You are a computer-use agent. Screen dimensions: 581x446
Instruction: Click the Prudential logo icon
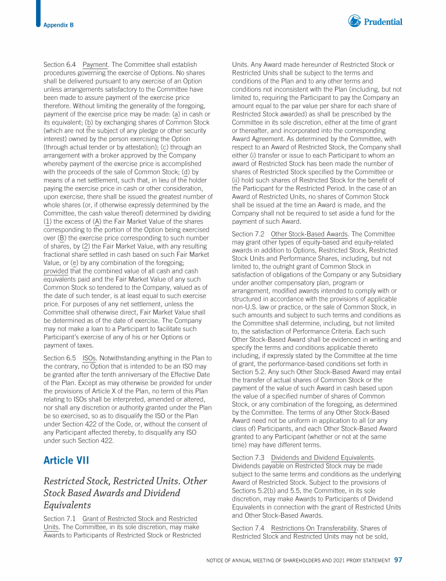pyautogui.click(x=355, y=21)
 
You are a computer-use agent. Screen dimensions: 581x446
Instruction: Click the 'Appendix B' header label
pyautogui.click(x=58, y=25)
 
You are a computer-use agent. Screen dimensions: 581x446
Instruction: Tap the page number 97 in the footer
pyautogui.click(x=398, y=560)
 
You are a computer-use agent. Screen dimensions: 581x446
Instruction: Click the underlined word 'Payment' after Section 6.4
pyautogui.click(x=96, y=64)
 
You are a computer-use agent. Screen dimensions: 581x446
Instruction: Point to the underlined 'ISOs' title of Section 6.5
pyautogui.click(x=89, y=358)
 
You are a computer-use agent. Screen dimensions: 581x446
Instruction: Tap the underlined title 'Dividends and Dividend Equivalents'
pyautogui.click(x=323, y=458)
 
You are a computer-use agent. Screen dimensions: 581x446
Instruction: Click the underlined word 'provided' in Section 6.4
pyautogui.click(x=56, y=271)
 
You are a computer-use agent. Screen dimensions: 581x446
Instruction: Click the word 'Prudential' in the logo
pyautogui.click(x=383, y=22)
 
